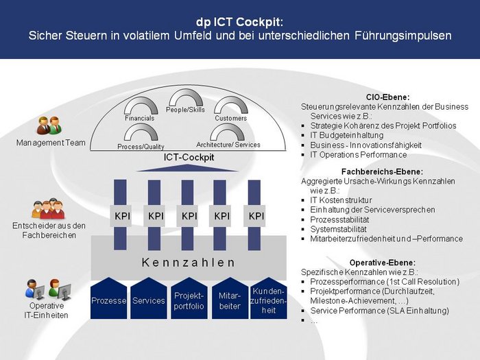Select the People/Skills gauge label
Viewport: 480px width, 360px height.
(x=185, y=110)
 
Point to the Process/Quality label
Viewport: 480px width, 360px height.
(x=141, y=147)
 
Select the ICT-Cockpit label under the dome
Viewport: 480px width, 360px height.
(x=189, y=157)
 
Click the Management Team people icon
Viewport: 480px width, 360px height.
(x=49, y=125)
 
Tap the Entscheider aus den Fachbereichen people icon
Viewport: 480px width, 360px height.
(x=49, y=208)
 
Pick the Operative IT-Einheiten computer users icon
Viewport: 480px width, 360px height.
(x=48, y=289)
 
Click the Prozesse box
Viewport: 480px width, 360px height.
(x=108, y=298)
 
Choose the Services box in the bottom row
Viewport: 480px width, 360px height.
(x=149, y=298)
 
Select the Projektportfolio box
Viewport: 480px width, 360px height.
(x=189, y=298)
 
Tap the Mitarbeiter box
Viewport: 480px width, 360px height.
(x=230, y=298)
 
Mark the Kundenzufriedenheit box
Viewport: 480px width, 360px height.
(x=269, y=298)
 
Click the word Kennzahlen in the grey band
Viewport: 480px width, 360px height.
(x=189, y=263)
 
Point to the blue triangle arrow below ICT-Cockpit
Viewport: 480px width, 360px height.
(x=187, y=168)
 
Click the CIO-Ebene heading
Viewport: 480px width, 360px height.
(x=387, y=97)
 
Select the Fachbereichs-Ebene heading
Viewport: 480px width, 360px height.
(x=382, y=171)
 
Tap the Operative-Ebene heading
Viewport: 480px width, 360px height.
(x=383, y=263)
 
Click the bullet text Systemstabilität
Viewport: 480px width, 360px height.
(x=338, y=229)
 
